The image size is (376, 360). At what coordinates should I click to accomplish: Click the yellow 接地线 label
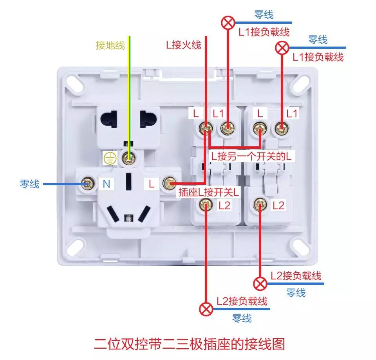click(x=110, y=45)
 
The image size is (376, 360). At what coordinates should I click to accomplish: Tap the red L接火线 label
click(x=183, y=45)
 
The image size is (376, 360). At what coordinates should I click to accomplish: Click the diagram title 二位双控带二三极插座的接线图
click(x=189, y=344)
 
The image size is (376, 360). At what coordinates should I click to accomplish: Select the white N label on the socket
click(x=106, y=184)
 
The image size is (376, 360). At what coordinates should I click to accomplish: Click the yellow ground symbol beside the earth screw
click(x=110, y=158)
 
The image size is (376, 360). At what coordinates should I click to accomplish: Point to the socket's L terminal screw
click(x=170, y=183)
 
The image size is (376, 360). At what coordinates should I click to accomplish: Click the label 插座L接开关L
click(x=209, y=193)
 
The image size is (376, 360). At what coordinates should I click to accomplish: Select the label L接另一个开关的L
click(x=252, y=156)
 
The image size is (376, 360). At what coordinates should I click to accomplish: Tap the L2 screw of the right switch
click(x=260, y=203)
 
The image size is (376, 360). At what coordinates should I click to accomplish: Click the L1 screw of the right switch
click(x=280, y=128)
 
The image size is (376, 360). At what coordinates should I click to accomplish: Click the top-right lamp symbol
click(x=282, y=48)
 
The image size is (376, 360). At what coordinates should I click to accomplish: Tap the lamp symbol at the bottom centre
click(x=206, y=309)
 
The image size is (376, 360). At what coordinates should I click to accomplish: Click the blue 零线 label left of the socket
click(x=30, y=184)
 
